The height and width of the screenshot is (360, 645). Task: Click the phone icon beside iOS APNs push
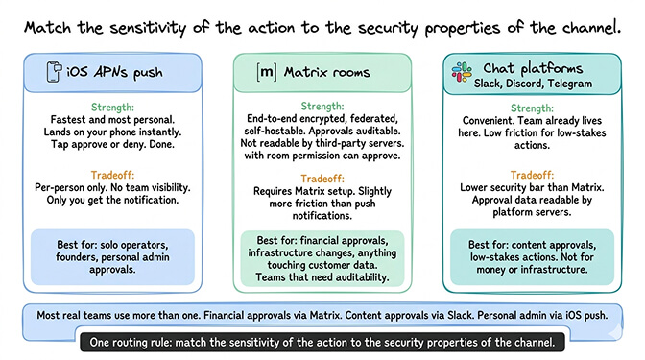pos(54,72)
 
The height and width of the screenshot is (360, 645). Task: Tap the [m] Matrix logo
pos(267,72)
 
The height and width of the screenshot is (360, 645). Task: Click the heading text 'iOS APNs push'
pos(113,72)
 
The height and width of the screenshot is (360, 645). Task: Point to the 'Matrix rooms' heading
pos(326,72)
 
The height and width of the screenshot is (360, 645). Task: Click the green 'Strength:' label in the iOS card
pos(114,107)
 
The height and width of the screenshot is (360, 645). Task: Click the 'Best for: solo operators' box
pos(114,252)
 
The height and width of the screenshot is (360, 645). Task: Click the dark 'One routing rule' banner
pos(322,340)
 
